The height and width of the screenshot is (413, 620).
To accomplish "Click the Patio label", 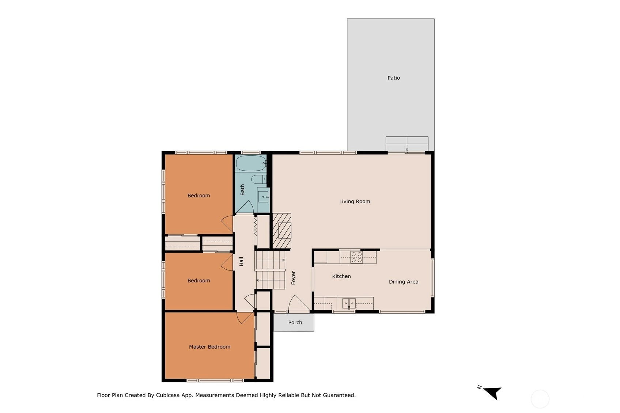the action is point(394,78).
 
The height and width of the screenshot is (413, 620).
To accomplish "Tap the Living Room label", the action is point(355,201).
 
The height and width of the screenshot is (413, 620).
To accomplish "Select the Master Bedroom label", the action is point(209,347).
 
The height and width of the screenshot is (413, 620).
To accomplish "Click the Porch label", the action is point(295,322).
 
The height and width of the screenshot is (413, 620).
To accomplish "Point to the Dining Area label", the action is point(404,282).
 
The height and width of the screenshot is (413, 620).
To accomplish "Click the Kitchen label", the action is point(341,276).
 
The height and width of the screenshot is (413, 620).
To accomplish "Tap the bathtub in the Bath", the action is point(251,163).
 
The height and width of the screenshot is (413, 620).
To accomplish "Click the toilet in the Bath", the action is point(259,179).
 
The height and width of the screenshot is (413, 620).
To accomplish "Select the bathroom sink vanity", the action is point(263,197).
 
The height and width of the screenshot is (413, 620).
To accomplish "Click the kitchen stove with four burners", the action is point(356,257).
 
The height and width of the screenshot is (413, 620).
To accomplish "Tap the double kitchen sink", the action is point(349,303).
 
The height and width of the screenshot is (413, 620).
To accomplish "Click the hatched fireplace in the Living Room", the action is point(282,231).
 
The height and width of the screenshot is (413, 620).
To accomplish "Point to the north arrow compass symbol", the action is point(493,393).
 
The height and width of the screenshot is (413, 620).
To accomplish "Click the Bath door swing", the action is point(245,207).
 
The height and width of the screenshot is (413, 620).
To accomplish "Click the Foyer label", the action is point(294,278).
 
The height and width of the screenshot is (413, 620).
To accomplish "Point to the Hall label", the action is point(241,262).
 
